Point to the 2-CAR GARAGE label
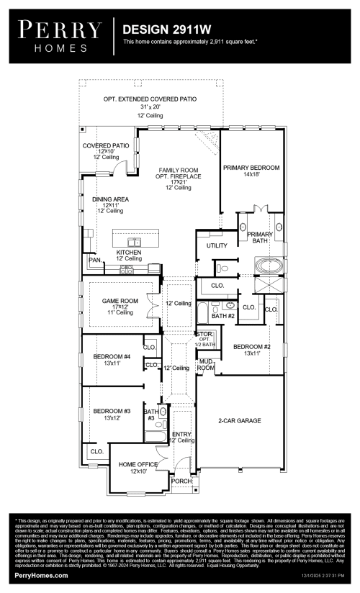[x=239, y=420]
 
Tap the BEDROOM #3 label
[x=112, y=412]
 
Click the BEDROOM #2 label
[x=251, y=346]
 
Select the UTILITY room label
[x=217, y=245]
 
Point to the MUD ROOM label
[x=206, y=364]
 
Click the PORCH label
[x=182, y=481]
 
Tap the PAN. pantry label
[x=94, y=259]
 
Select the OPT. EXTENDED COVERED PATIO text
[x=150, y=99]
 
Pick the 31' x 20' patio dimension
[x=150, y=107]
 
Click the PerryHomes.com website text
[x=42, y=576]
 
